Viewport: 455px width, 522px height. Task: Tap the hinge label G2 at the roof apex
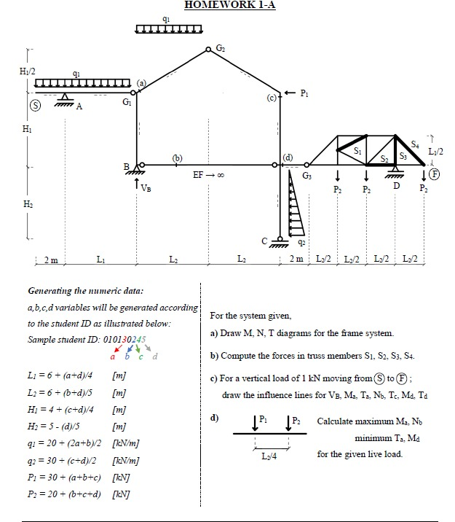tap(221, 48)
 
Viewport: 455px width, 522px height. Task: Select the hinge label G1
tap(127, 104)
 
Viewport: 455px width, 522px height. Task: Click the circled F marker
tap(435, 174)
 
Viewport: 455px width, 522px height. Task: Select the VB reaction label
tap(146, 188)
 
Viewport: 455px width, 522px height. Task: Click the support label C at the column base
tap(266, 241)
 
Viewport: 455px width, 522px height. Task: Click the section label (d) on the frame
tap(288, 157)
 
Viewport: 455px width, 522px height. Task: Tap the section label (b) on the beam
tap(177, 157)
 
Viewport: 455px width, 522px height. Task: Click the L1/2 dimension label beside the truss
tap(435, 151)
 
